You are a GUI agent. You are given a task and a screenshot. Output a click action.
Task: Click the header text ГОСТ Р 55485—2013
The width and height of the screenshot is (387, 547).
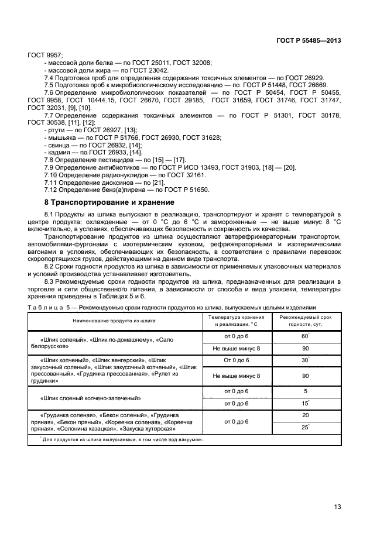pos(308,41)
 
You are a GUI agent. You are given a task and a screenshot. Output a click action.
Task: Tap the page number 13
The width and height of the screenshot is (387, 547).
pos(337,507)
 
